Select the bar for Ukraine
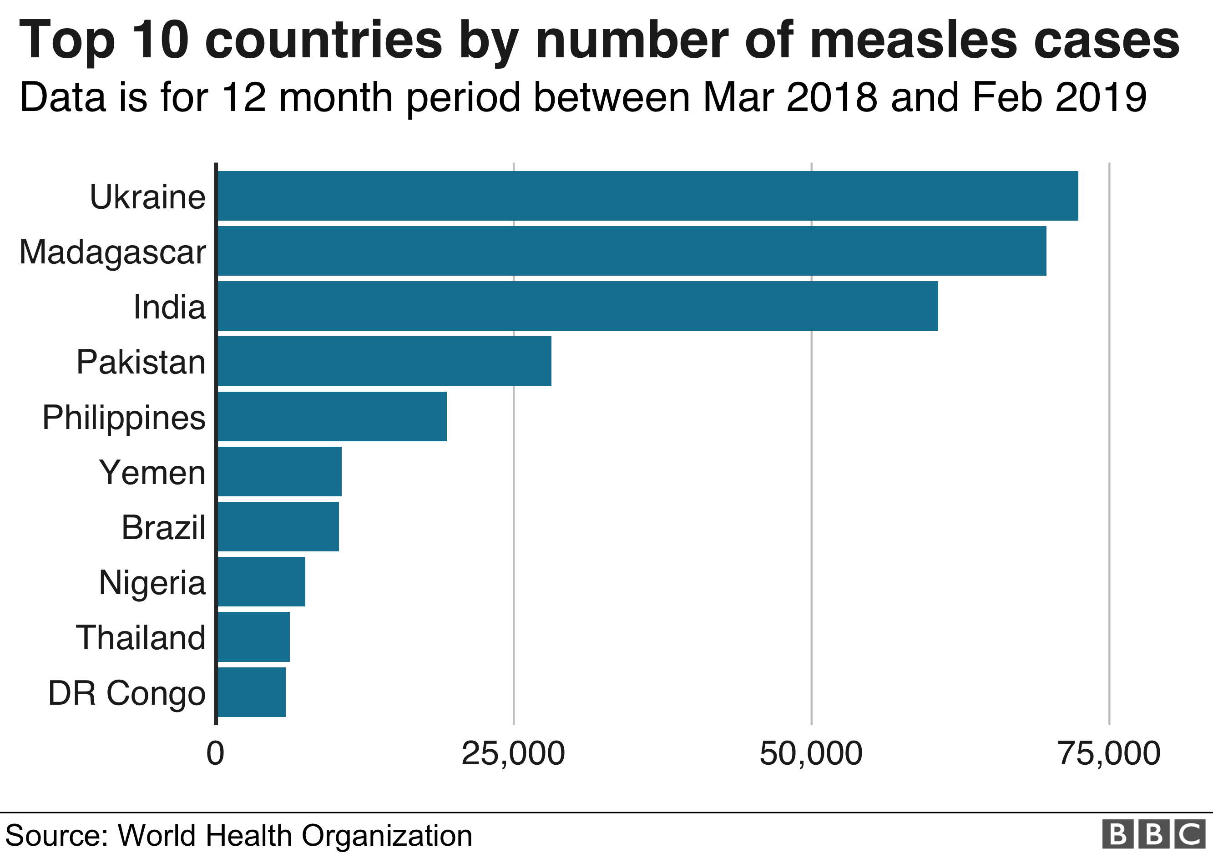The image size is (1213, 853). tap(647, 196)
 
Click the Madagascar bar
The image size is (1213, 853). tap(632, 251)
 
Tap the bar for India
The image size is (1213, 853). tap(577, 306)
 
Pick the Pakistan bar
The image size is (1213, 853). tap(384, 361)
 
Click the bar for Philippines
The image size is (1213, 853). tap(332, 416)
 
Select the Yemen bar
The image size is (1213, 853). tap(279, 471)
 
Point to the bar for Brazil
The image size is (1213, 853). tap(278, 527)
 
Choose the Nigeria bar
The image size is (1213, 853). tap(261, 581)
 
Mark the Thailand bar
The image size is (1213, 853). tap(253, 636)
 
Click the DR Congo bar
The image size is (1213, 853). tap(252, 692)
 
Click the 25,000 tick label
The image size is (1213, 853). tap(513, 754)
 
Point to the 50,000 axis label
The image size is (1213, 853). tap(811, 754)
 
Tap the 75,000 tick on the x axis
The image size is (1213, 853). tap(1109, 754)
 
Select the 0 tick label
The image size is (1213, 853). tap(216, 754)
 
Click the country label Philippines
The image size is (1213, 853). tap(124, 418)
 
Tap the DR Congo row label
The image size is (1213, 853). tap(127, 693)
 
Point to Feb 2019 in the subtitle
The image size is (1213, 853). tap(1059, 98)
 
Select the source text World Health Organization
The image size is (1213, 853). tap(295, 836)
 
